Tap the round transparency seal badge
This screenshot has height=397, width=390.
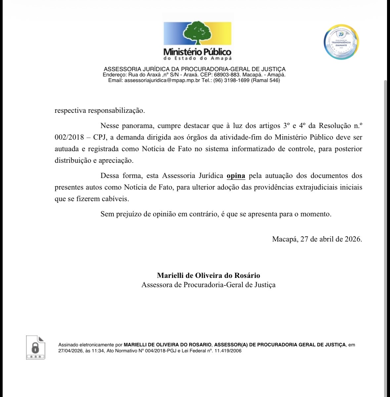[341, 42]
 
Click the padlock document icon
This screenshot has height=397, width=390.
[35, 347]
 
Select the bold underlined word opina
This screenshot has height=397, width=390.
[236, 176]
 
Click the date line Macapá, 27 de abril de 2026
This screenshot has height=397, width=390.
[317, 239]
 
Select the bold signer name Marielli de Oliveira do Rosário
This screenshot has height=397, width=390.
[208, 276]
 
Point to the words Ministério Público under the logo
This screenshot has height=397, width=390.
[197, 52]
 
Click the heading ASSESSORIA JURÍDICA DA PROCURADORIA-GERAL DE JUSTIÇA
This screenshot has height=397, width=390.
[195, 69]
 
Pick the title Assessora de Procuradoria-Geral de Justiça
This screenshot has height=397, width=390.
[208, 285]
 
